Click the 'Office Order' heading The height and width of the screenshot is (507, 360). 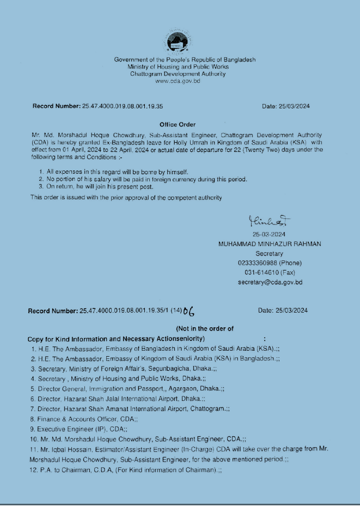177,125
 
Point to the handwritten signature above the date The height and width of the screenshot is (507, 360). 269,221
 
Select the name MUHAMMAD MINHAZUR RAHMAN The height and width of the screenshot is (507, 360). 270,243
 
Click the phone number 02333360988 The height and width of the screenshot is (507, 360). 270,263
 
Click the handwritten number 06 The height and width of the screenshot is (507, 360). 189,311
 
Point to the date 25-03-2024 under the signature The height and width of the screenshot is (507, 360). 270,234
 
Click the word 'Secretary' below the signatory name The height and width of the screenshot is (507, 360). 270,253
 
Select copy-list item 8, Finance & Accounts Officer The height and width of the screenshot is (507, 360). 84,419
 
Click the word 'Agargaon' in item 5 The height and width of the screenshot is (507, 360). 185,389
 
